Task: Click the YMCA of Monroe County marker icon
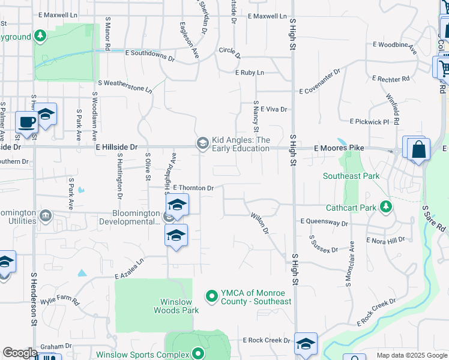211,296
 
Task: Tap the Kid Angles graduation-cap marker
202,142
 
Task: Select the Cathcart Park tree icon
385,208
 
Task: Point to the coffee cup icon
26,122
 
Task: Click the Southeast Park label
351,176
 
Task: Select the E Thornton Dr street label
193,188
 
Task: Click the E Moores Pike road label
339,148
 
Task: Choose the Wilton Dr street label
259,223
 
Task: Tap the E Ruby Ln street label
249,73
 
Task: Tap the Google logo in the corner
19,353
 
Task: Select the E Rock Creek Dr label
267,340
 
